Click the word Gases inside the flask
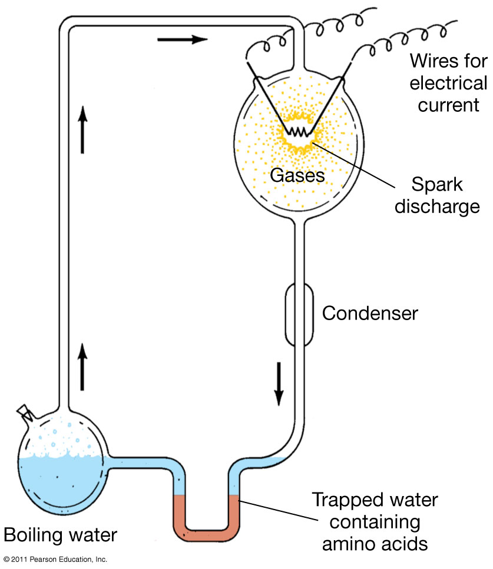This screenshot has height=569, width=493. [x=297, y=175]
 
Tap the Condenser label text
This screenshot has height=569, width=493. [x=370, y=313]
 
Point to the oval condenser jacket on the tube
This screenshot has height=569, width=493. [x=299, y=315]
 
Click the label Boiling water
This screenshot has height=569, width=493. [x=60, y=535]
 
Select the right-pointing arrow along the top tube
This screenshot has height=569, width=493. [x=183, y=39]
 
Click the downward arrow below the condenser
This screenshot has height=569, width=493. [x=279, y=384]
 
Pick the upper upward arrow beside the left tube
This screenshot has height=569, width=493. [x=83, y=129]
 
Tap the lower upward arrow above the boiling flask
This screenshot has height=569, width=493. [x=82, y=367]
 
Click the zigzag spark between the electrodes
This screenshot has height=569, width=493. [x=297, y=132]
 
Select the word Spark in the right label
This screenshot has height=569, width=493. [x=436, y=185]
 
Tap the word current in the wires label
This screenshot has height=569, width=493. [x=448, y=105]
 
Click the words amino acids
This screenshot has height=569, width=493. [x=375, y=544]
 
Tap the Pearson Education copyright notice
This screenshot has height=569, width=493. [x=55, y=560]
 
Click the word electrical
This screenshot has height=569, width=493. [x=448, y=83]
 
